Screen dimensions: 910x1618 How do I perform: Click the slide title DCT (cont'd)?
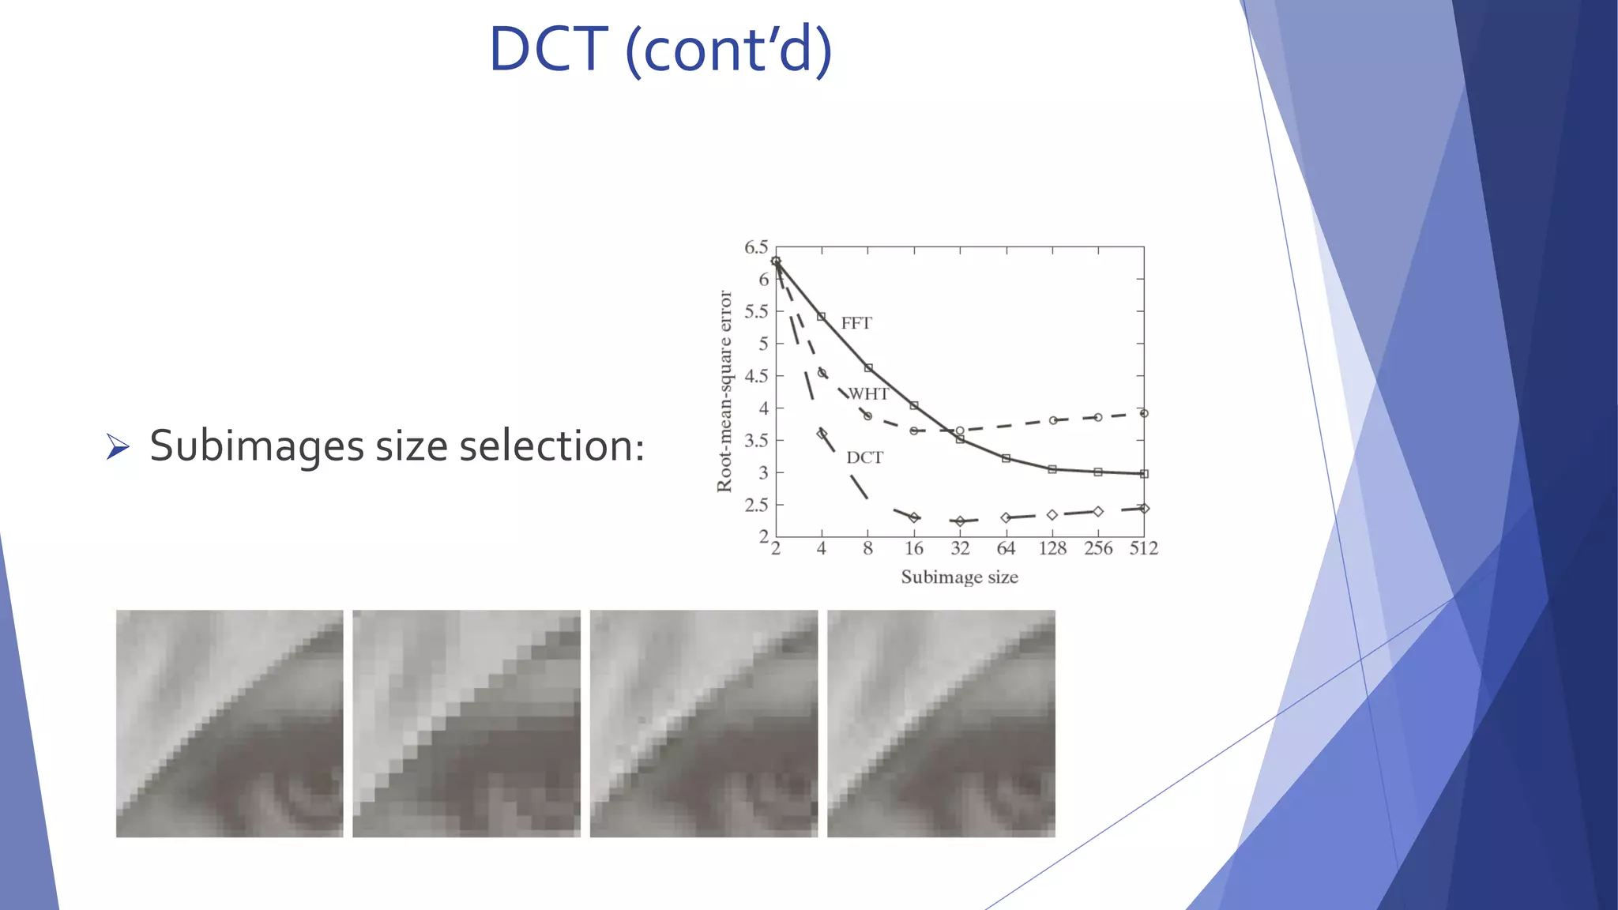(x=660, y=49)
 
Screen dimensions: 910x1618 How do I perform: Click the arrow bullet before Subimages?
(x=118, y=447)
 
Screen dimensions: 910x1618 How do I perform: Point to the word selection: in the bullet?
(x=551, y=446)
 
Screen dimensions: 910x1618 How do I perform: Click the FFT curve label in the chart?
(x=856, y=323)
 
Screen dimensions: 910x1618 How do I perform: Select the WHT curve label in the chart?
(x=868, y=393)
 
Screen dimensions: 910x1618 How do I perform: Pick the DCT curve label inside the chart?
(x=864, y=457)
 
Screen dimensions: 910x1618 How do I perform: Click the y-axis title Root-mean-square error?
(x=724, y=391)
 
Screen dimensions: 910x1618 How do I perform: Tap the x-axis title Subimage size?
(x=959, y=577)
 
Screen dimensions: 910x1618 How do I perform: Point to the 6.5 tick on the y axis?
(x=755, y=248)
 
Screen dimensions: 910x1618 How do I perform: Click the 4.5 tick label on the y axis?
(x=755, y=376)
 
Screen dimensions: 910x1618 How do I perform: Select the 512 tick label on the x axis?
(x=1143, y=548)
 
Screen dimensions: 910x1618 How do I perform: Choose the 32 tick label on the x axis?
(x=960, y=548)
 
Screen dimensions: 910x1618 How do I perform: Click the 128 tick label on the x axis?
(x=1052, y=548)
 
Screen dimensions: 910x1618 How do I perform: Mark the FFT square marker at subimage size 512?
(x=1144, y=474)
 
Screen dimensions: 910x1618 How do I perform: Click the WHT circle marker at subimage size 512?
(x=1144, y=413)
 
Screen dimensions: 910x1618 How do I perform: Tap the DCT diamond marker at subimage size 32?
(x=960, y=521)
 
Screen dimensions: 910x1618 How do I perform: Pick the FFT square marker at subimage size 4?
(x=822, y=317)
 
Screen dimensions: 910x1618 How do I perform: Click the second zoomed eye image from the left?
(x=466, y=724)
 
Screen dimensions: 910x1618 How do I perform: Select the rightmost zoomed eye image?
(x=941, y=724)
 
